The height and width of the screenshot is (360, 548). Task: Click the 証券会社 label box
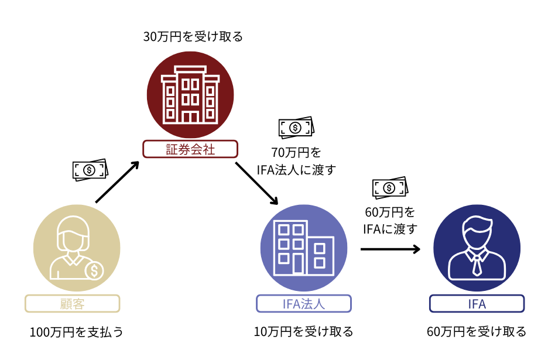pos(190,149)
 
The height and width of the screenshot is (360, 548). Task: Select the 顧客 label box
pos(73,303)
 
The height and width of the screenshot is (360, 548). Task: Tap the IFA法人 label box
pos(303,303)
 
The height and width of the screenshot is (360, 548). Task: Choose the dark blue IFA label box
pos(477,303)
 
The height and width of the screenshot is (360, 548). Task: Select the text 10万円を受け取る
pos(303,332)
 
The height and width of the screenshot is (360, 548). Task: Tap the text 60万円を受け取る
pos(477,332)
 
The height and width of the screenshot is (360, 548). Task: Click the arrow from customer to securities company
pos(117,183)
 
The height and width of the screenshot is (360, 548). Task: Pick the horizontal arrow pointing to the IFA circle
pos(390,249)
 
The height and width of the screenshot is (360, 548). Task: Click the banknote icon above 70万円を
pos(296,126)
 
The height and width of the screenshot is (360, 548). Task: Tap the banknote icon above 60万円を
pos(390,187)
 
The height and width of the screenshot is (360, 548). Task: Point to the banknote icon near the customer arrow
pos(90,169)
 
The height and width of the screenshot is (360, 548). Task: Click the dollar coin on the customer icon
pos(94,270)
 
